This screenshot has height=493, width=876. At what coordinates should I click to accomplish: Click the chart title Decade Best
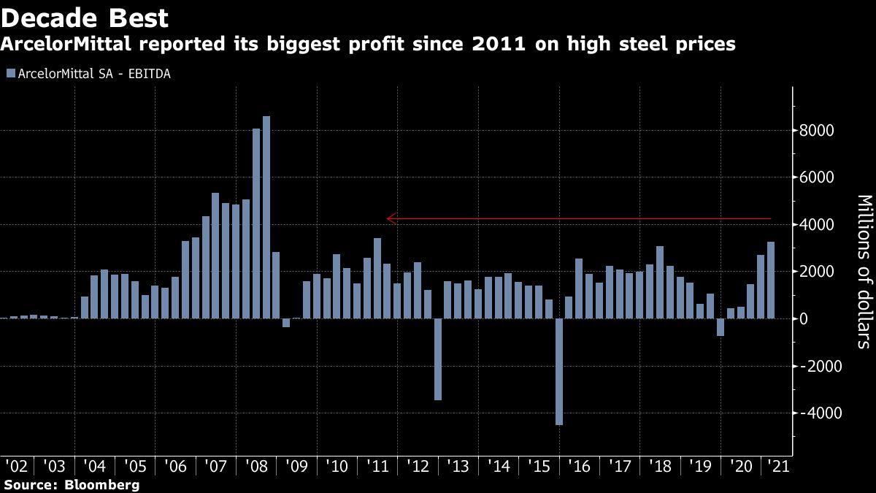(85, 18)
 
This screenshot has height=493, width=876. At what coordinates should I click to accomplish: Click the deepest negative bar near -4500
(559, 372)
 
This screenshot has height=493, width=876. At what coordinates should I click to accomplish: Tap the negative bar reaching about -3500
(438, 359)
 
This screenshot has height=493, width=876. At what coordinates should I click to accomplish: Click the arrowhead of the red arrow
(390, 218)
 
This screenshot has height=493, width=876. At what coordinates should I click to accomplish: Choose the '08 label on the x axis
(256, 465)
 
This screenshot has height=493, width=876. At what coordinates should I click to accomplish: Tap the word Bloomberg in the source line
(101, 484)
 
